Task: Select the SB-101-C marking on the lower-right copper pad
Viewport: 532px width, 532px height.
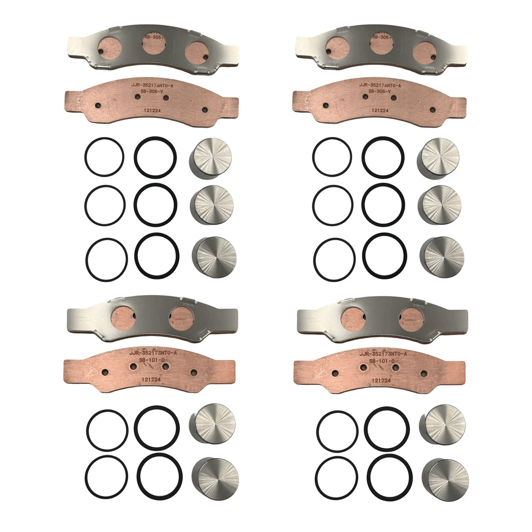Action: point(382,361)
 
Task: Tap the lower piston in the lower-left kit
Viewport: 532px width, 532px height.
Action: point(216,478)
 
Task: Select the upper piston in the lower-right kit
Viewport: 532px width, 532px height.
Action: point(443,423)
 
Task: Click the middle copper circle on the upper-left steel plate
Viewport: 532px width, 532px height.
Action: point(154,45)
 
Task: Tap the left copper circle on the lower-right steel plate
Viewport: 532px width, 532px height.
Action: point(354,318)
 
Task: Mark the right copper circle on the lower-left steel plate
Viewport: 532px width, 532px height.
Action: point(181,318)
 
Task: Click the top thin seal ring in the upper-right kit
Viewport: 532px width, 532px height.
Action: point(332,157)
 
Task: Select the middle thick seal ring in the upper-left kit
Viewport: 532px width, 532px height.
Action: point(155,205)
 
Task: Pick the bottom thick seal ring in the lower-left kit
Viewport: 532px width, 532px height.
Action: point(159,475)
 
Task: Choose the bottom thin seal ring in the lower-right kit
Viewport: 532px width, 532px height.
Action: point(335,477)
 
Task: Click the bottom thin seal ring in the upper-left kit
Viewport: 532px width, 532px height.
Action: point(107,259)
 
